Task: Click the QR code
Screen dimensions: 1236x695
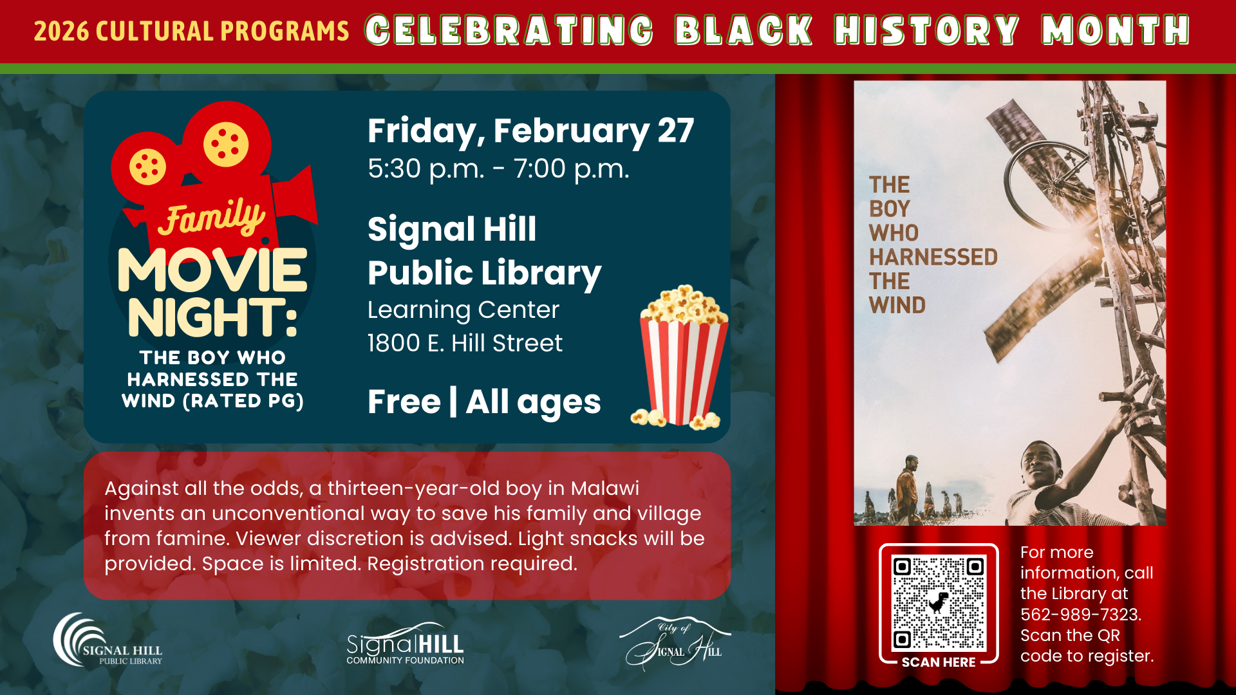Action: pyautogui.click(x=938, y=603)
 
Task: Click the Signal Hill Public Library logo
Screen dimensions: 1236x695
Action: pyautogui.click(x=108, y=640)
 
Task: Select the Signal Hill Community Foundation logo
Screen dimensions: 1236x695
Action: pyautogui.click(x=405, y=644)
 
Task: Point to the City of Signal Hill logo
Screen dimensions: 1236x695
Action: pyautogui.click(x=675, y=644)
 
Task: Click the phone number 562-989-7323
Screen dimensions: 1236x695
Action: pyautogui.click(x=1080, y=615)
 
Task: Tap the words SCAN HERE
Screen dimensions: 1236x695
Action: pyautogui.click(x=939, y=662)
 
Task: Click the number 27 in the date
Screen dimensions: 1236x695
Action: pyautogui.click(x=676, y=131)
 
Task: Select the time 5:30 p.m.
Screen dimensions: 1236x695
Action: pyautogui.click(x=426, y=169)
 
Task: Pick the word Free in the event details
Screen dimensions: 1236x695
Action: pyautogui.click(x=404, y=402)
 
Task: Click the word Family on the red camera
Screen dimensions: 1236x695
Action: pyautogui.click(x=212, y=216)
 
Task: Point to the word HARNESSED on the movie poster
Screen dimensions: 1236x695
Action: pyautogui.click(x=933, y=257)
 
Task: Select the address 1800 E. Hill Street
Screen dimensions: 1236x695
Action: pyautogui.click(x=465, y=343)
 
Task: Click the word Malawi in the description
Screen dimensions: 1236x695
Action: pyautogui.click(x=604, y=488)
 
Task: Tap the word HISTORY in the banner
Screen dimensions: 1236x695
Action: pyautogui.click(x=927, y=30)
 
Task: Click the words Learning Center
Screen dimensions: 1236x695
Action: pyautogui.click(x=464, y=310)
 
